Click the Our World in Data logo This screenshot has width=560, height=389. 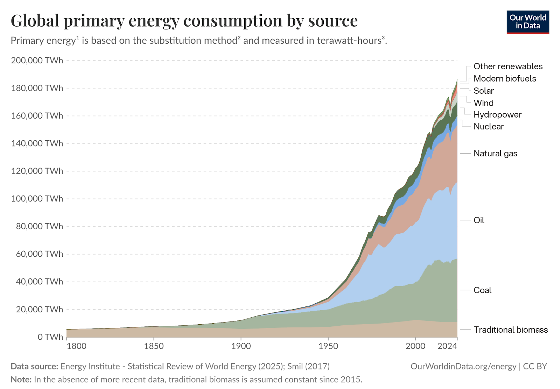pyautogui.click(x=527, y=22)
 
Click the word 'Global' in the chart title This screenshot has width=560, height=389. pyautogui.click(x=35, y=21)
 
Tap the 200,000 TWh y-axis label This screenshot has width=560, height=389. pyautogui.click(x=37, y=61)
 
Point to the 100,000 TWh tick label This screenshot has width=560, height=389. pyautogui.click(x=37, y=199)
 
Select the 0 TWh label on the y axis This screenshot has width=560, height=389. pyautogui.click(x=50, y=337)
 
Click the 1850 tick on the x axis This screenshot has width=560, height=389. pyautogui.click(x=154, y=346)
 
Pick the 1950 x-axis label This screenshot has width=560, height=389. pyautogui.click(x=328, y=346)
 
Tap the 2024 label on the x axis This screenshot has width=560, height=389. pyautogui.click(x=447, y=346)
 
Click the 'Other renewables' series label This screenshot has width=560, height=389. pyautogui.click(x=508, y=66)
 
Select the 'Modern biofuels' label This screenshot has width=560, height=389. pyautogui.click(x=505, y=79)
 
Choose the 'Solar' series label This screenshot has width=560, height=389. pyautogui.click(x=483, y=91)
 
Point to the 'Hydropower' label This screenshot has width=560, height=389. pyautogui.click(x=497, y=115)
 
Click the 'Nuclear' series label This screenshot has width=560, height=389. pyautogui.click(x=489, y=127)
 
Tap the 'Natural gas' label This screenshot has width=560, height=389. pyautogui.click(x=495, y=154)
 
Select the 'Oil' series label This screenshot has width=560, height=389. pyautogui.click(x=479, y=220)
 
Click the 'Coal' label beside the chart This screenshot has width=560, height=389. pyautogui.click(x=482, y=290)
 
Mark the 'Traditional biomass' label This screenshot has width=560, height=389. pyautogui.click(x=511, y=330)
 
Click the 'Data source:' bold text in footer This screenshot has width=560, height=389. pyautogui.click(x=34, y=366)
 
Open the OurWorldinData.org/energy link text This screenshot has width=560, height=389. pyautogui.click(x=463, y=366)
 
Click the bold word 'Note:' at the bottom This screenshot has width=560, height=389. pyautogui.click(x=21, y=380)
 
